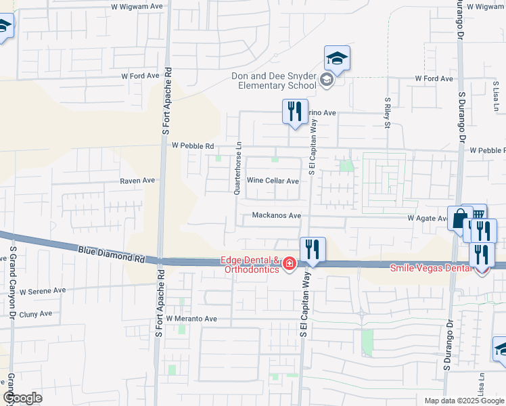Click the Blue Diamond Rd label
pos(112,254)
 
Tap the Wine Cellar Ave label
pos(273,181)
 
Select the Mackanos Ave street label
pos(276,216)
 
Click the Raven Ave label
pos(137,181)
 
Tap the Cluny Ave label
pos(36,314)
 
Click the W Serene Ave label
pos(43,291)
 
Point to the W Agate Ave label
pos(427,219)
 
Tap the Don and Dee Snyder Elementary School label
pos(274,81)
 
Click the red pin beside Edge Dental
pos(289,264)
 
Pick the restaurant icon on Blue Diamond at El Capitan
pos(313,248)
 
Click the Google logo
pos(22,398)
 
